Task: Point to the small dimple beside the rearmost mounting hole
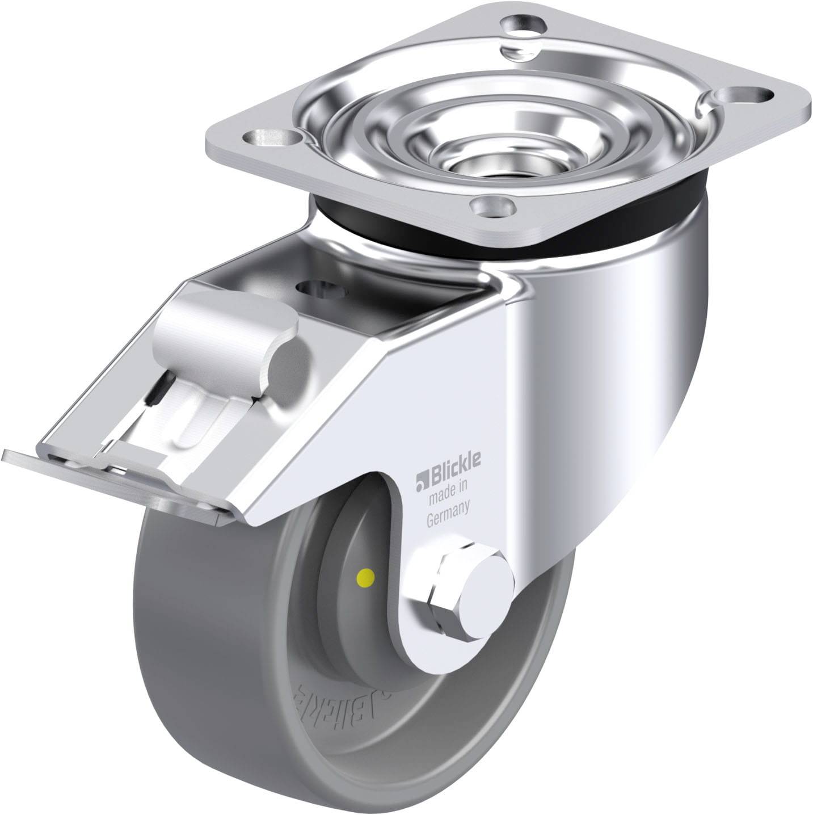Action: pyautogui.click(x=517, y=49)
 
